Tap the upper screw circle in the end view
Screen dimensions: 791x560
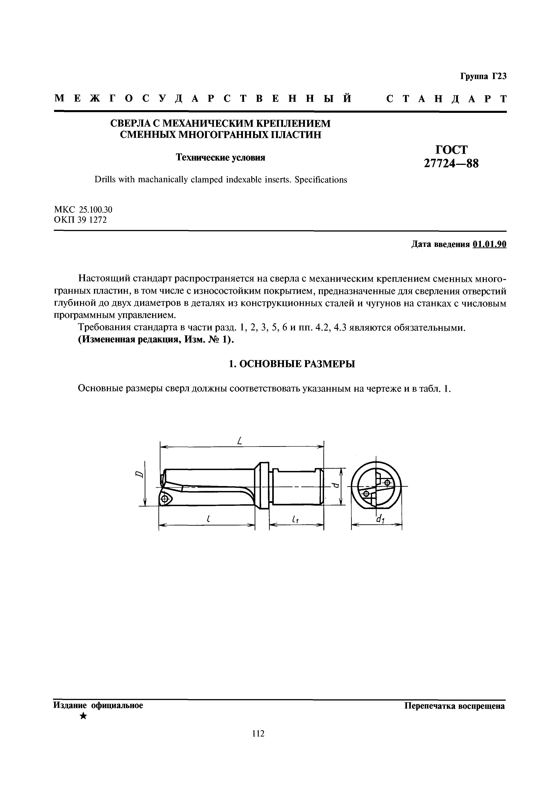click(x=387, y=482)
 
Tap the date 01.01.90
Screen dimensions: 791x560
click(x=490, y=244)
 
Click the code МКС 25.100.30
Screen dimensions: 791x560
click(x=83, y=209)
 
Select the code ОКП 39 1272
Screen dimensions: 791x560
click(x=80, y=220)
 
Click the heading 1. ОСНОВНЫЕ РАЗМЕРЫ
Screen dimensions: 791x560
click(x=292, y=364)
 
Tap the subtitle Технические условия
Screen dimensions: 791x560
click(x=221, y=157)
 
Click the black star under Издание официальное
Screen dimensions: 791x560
click(x=83, y=716)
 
